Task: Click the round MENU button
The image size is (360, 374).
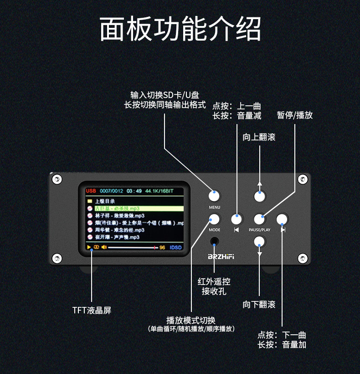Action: click(x=214, y=196)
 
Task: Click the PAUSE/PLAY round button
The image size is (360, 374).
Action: click(x=260, y=218)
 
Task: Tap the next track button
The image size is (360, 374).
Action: click(x=283, y=218)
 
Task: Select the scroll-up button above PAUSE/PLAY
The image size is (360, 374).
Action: click(x=260, y=196)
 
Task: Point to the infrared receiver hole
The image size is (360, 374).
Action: click(x=214, y=241)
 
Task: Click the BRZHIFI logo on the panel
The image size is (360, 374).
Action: click(x=221, y=257)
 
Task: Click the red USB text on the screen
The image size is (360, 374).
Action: click(x=91, y=191)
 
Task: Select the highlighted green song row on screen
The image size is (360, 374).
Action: click(x=135, y=208)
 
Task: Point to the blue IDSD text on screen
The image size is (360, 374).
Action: click(x=175, y=248)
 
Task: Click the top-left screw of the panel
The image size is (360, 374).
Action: click(x=57, y=179)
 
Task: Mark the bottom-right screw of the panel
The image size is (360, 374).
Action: click(x=303, y=259)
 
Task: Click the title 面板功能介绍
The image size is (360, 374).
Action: click(x=180, y=30)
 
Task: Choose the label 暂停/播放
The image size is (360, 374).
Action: click(x=295, y=115)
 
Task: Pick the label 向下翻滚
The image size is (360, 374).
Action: click(x=259, y=305)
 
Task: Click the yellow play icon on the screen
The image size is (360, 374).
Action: click(x=89, y=247)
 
